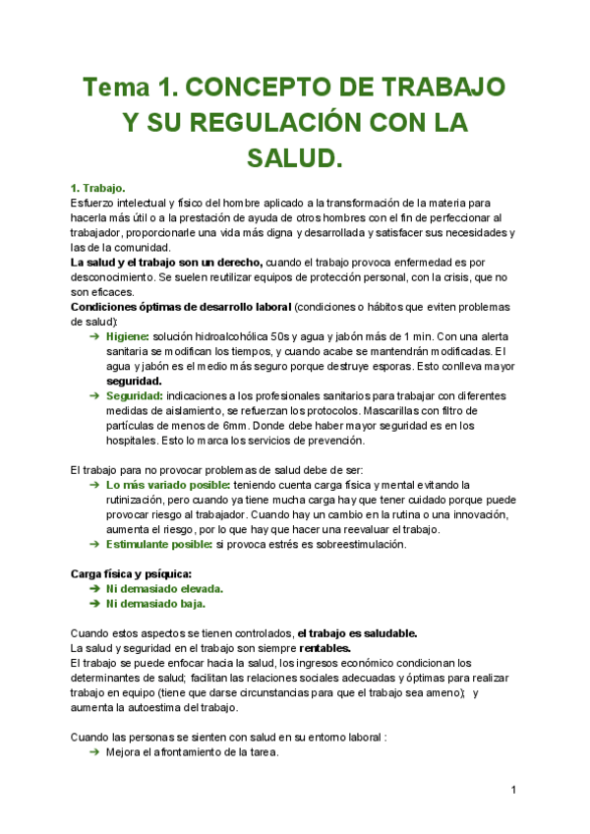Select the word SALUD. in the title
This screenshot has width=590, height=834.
click(295, 157)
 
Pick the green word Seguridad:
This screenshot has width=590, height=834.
click(137, 395)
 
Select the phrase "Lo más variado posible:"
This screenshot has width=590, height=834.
click(168, 485)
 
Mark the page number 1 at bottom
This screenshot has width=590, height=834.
click(514, 790)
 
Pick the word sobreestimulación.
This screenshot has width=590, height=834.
click(350, 544)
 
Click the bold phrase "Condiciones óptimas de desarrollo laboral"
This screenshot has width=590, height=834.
click(181, 307)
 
